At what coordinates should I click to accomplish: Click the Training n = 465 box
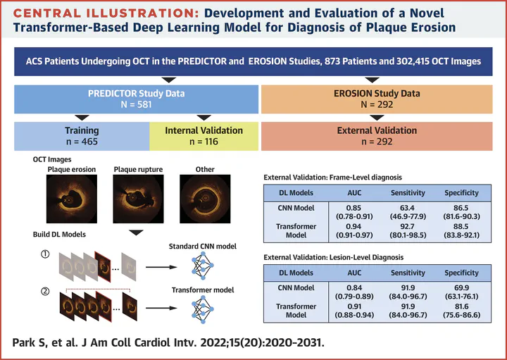click(82, 136)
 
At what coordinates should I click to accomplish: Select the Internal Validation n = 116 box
click(204, 136)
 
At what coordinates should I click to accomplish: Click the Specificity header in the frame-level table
click(461, 192)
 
